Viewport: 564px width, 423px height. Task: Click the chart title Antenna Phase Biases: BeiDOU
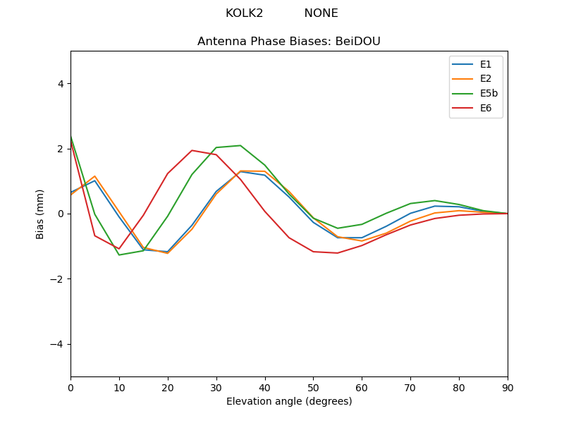[x=289, y=42]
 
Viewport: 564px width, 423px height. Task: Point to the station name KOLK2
[x=244, y=13]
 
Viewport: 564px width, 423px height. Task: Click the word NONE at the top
[x=321, y=13]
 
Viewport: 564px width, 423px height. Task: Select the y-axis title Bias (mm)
[x=40, y=214]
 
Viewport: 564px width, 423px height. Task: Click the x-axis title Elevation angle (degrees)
[x=289, y=402]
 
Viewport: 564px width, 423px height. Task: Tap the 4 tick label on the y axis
[x=60, y=83]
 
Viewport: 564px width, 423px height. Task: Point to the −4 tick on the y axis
[x=57, y=344]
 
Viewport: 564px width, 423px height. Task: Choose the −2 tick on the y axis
[x=57, y=278]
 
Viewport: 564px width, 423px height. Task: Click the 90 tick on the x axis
[x=508, y=387]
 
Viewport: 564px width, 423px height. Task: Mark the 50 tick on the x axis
[x=313, y=387]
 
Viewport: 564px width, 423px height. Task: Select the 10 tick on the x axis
[x=119, y=387]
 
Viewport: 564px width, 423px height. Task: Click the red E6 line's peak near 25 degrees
[x=192, y=150]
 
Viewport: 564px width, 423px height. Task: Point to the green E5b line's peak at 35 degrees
[x=240, y=145]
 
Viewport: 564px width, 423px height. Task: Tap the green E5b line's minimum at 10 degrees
[x=119, y=255]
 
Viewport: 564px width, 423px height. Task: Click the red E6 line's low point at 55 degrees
[x=338, y=253]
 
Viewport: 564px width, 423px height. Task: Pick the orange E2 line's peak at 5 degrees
[x=94, y=176]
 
